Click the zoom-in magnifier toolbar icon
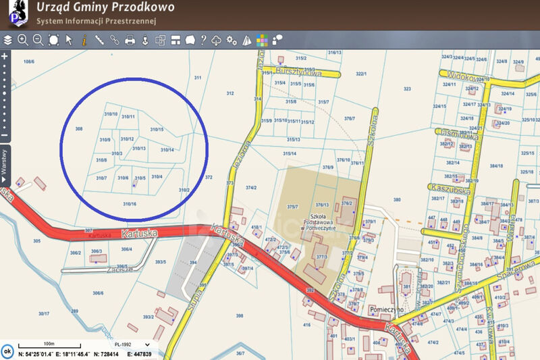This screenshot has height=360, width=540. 23,40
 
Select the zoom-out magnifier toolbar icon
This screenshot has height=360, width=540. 38,40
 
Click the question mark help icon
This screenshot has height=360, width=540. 203,40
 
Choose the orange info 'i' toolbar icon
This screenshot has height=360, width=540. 84,40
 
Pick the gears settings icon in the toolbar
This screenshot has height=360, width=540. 232,40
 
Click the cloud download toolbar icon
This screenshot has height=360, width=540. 217,40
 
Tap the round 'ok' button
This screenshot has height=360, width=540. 7,351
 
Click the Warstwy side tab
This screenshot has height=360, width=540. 4,162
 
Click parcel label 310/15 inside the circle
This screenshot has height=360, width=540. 157,129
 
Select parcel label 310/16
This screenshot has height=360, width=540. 130,204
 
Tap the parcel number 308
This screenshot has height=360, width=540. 79,128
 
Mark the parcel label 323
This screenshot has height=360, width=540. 407,88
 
